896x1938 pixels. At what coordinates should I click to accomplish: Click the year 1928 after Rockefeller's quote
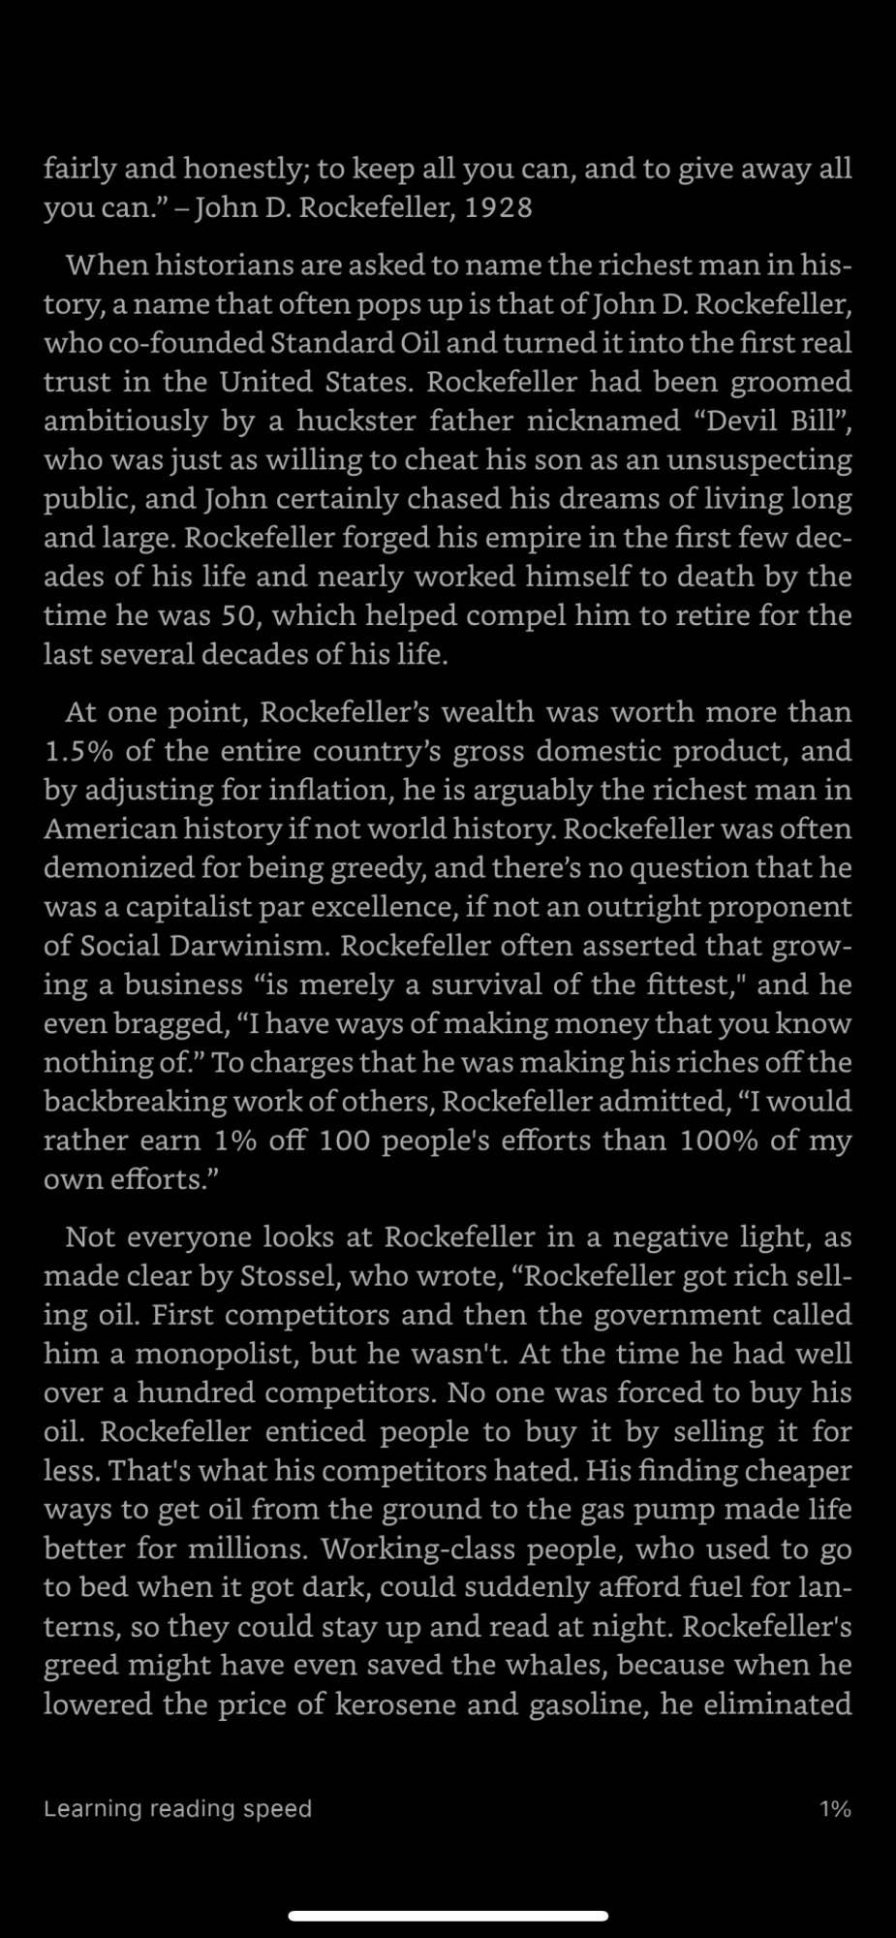click(x=498, y=208)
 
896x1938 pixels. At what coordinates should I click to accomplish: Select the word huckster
click(x=355, y=421)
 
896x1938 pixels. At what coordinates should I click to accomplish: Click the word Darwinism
click(x=251, y=946)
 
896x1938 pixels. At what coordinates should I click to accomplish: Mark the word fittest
click(x=693, y=985)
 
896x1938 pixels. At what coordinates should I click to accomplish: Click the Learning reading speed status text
click(x=177, y=1808)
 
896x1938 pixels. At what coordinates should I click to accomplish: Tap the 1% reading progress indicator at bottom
click(x=835, y=1808)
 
